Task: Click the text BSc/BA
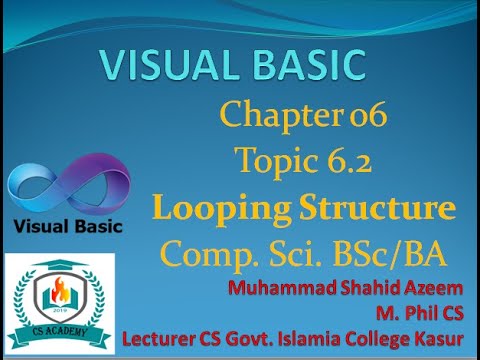point(391,249)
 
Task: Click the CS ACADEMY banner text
point(59,325)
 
